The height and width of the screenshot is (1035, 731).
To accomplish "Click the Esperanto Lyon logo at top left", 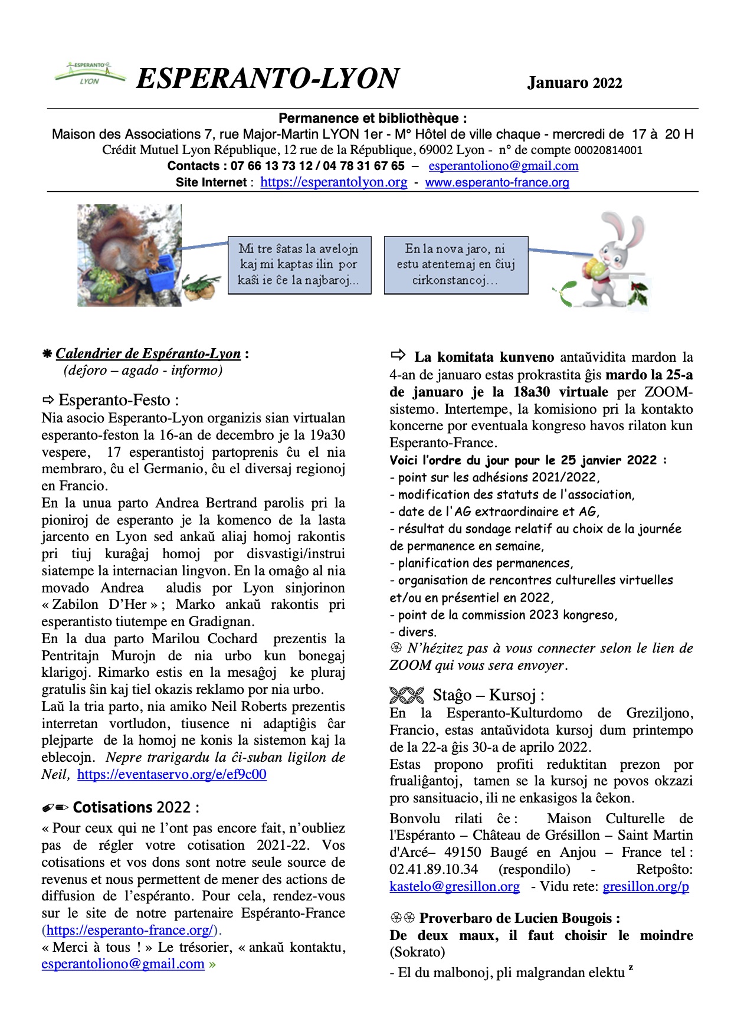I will click(90, 73).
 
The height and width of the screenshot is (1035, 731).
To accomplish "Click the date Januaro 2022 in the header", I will click(574, 83).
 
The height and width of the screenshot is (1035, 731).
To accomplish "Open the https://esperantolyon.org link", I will click(333, 182).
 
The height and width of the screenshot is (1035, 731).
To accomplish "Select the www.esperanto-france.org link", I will click(497, 182).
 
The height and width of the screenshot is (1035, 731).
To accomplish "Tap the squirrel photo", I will click(129, 255).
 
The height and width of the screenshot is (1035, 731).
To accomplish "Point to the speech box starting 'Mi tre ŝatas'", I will click(299, 265).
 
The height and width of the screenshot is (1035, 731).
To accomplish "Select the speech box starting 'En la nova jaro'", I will click(455, 265).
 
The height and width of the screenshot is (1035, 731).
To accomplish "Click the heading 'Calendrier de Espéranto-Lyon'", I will click(148, 354).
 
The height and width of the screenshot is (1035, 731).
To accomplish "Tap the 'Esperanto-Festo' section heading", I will click(118, 400).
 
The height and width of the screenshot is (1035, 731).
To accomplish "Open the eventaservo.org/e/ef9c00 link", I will click(172, 774).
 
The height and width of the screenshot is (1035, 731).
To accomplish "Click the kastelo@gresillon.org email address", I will click(454, 887).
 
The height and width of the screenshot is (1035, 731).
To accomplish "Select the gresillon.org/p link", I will click(645, 887).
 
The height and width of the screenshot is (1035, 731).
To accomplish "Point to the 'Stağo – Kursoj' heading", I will click(487, 695).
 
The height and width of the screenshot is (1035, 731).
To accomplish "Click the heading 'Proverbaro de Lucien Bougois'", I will click(519, 918).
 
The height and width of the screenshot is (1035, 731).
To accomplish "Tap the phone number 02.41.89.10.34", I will click(434, 870).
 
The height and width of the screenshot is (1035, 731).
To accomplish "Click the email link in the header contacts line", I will click(503, 166).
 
